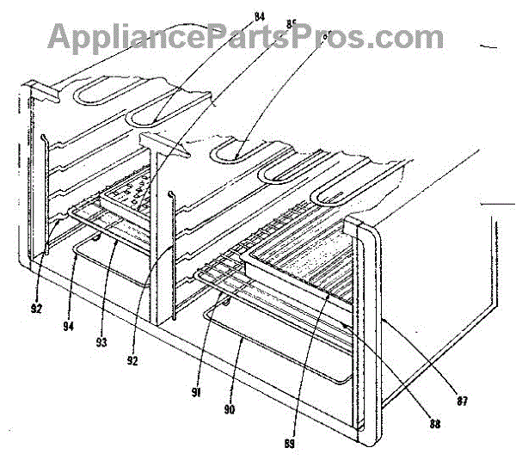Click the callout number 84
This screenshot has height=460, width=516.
(x=235, y=13)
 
